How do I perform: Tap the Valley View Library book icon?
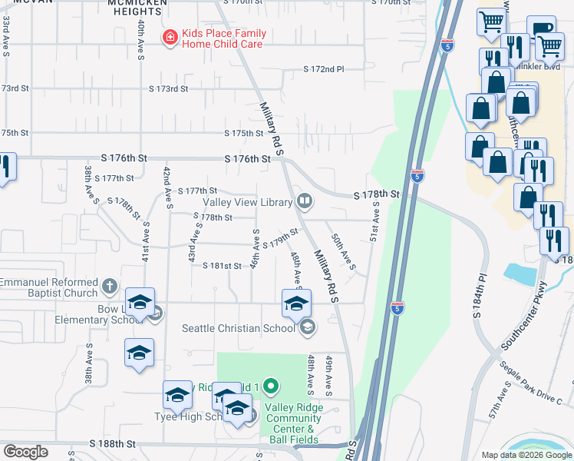coord(305,201)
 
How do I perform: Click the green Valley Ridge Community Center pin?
coord(269,385)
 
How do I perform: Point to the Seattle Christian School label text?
coord(238,328)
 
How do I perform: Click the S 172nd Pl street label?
coord(323,69)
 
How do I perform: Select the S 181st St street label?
coord(222,266)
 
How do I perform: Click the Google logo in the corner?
coord(25,452)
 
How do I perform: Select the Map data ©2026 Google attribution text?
coord(526,455)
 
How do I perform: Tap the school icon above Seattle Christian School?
coord(296,303)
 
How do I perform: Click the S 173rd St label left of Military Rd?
coord(169,89)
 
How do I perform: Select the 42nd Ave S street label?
coord(166,184)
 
